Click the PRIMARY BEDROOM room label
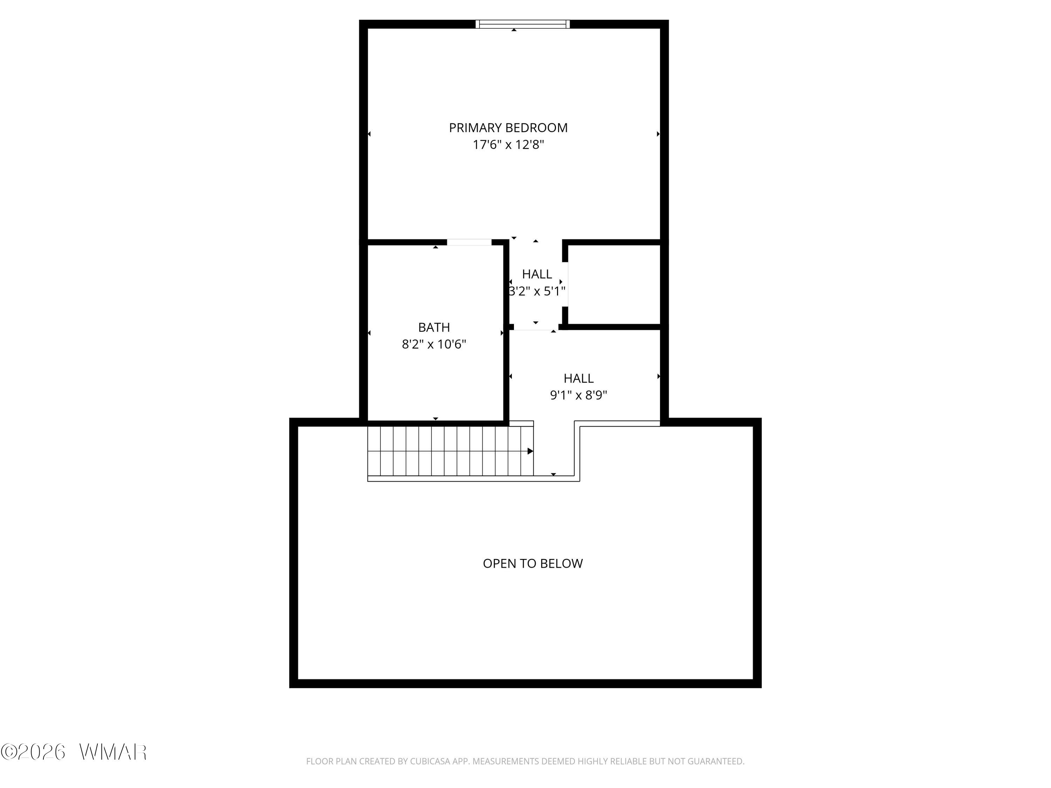point(508,128)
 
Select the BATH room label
point(434,327)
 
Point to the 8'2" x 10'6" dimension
point(434,344)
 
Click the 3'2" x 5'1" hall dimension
point(537,291)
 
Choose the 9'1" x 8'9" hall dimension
point(578,395)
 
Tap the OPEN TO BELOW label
point(533,563)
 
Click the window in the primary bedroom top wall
point(523,24)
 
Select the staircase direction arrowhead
point(530,451)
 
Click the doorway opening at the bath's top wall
point(469,242)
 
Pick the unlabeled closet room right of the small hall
point(614,285)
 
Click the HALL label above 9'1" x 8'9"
point(578,379)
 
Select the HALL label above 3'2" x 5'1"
point(537,274)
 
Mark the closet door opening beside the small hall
point(565,284)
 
